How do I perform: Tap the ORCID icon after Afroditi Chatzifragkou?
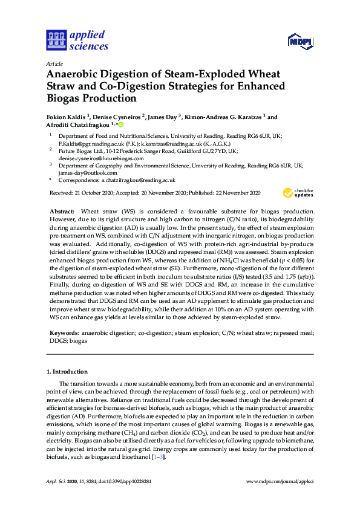coord(120,125)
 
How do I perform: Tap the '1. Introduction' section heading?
coord(67,371)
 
